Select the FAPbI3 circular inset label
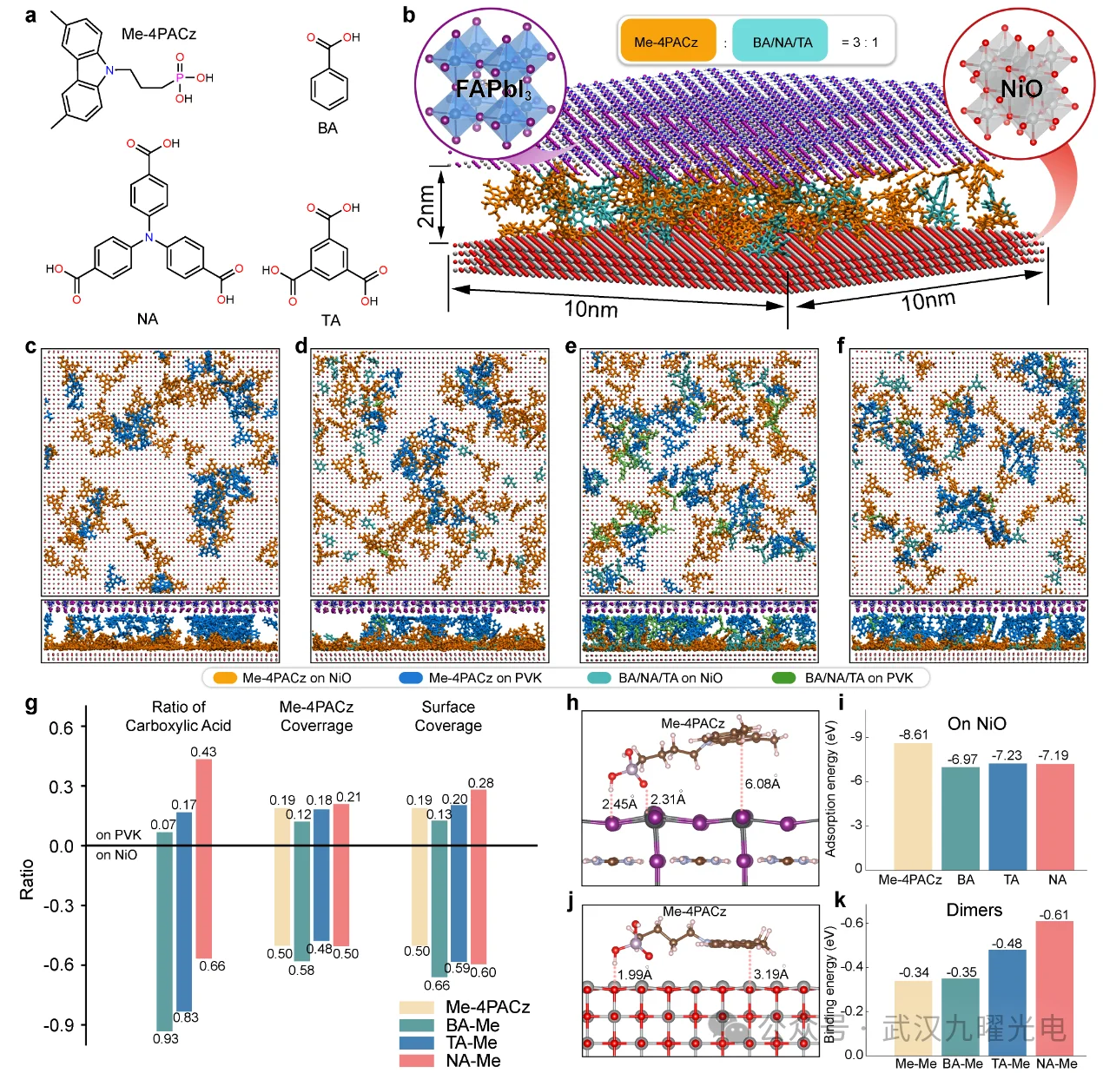[x=492, y=89]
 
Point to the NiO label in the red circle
[x=1020, y=89]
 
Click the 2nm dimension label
[x=426, y=207]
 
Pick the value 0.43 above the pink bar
[x=203, y=751]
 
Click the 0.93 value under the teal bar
[x=166, y=1038]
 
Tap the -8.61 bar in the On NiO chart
[x=913, y=806]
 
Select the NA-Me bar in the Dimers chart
[x=1054, y=987]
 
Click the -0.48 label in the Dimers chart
[x=1007, y=944]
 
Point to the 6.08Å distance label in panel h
[x=763, y=784]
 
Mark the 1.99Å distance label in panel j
[x=634, y=974]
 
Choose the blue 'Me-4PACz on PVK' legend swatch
[x=411, y=677]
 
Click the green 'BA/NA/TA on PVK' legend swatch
[x=784, y=677]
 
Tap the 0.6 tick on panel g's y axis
[x=62, y=727]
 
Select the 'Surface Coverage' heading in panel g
[x=448, y=716]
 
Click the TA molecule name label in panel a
[x=330, y=320]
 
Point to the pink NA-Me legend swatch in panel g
[x=417, y=1061]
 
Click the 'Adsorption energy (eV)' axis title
[x=830, y=788]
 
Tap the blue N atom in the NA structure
[x=149, y=237]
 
